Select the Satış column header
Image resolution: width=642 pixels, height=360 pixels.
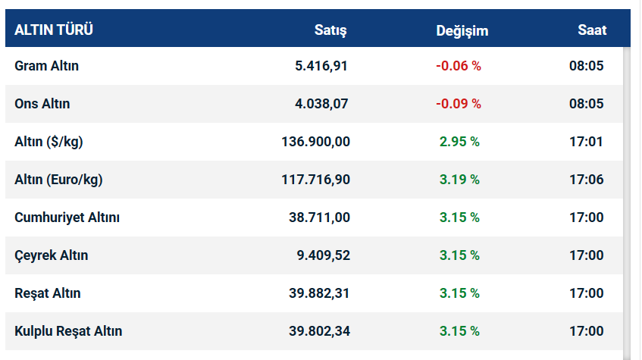[x=330, y=30]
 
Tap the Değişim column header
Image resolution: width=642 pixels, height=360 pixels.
[x=462, y=30]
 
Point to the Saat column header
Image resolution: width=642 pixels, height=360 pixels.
[x=592, y=30]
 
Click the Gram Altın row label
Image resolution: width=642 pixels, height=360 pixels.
[x=46, y=66]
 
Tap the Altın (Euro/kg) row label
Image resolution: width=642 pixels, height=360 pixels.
[x=58, y=180]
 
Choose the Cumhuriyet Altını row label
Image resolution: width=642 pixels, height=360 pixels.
[x=67, y=218]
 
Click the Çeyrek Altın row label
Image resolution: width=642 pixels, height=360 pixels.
[x=51, y=255]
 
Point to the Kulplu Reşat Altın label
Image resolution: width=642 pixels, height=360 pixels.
[x=68, y=331]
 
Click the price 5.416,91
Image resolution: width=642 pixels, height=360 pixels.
[x=321, y=66]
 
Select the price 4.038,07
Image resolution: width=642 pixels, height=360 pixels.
[x=321, y=104]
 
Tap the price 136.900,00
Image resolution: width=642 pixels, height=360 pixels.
[x=315, y=142]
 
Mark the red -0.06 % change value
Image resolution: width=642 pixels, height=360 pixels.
[x=459, y=66]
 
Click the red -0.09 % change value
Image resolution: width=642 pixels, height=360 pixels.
[x=459, y=104]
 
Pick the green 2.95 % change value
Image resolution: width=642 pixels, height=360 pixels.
[x=459, y=142]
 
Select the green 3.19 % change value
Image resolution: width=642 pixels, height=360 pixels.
[x=459, y=180]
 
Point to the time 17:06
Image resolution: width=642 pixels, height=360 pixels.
[x=586, y=180]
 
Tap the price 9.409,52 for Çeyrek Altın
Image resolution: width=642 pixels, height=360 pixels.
[x=323, y=255]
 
